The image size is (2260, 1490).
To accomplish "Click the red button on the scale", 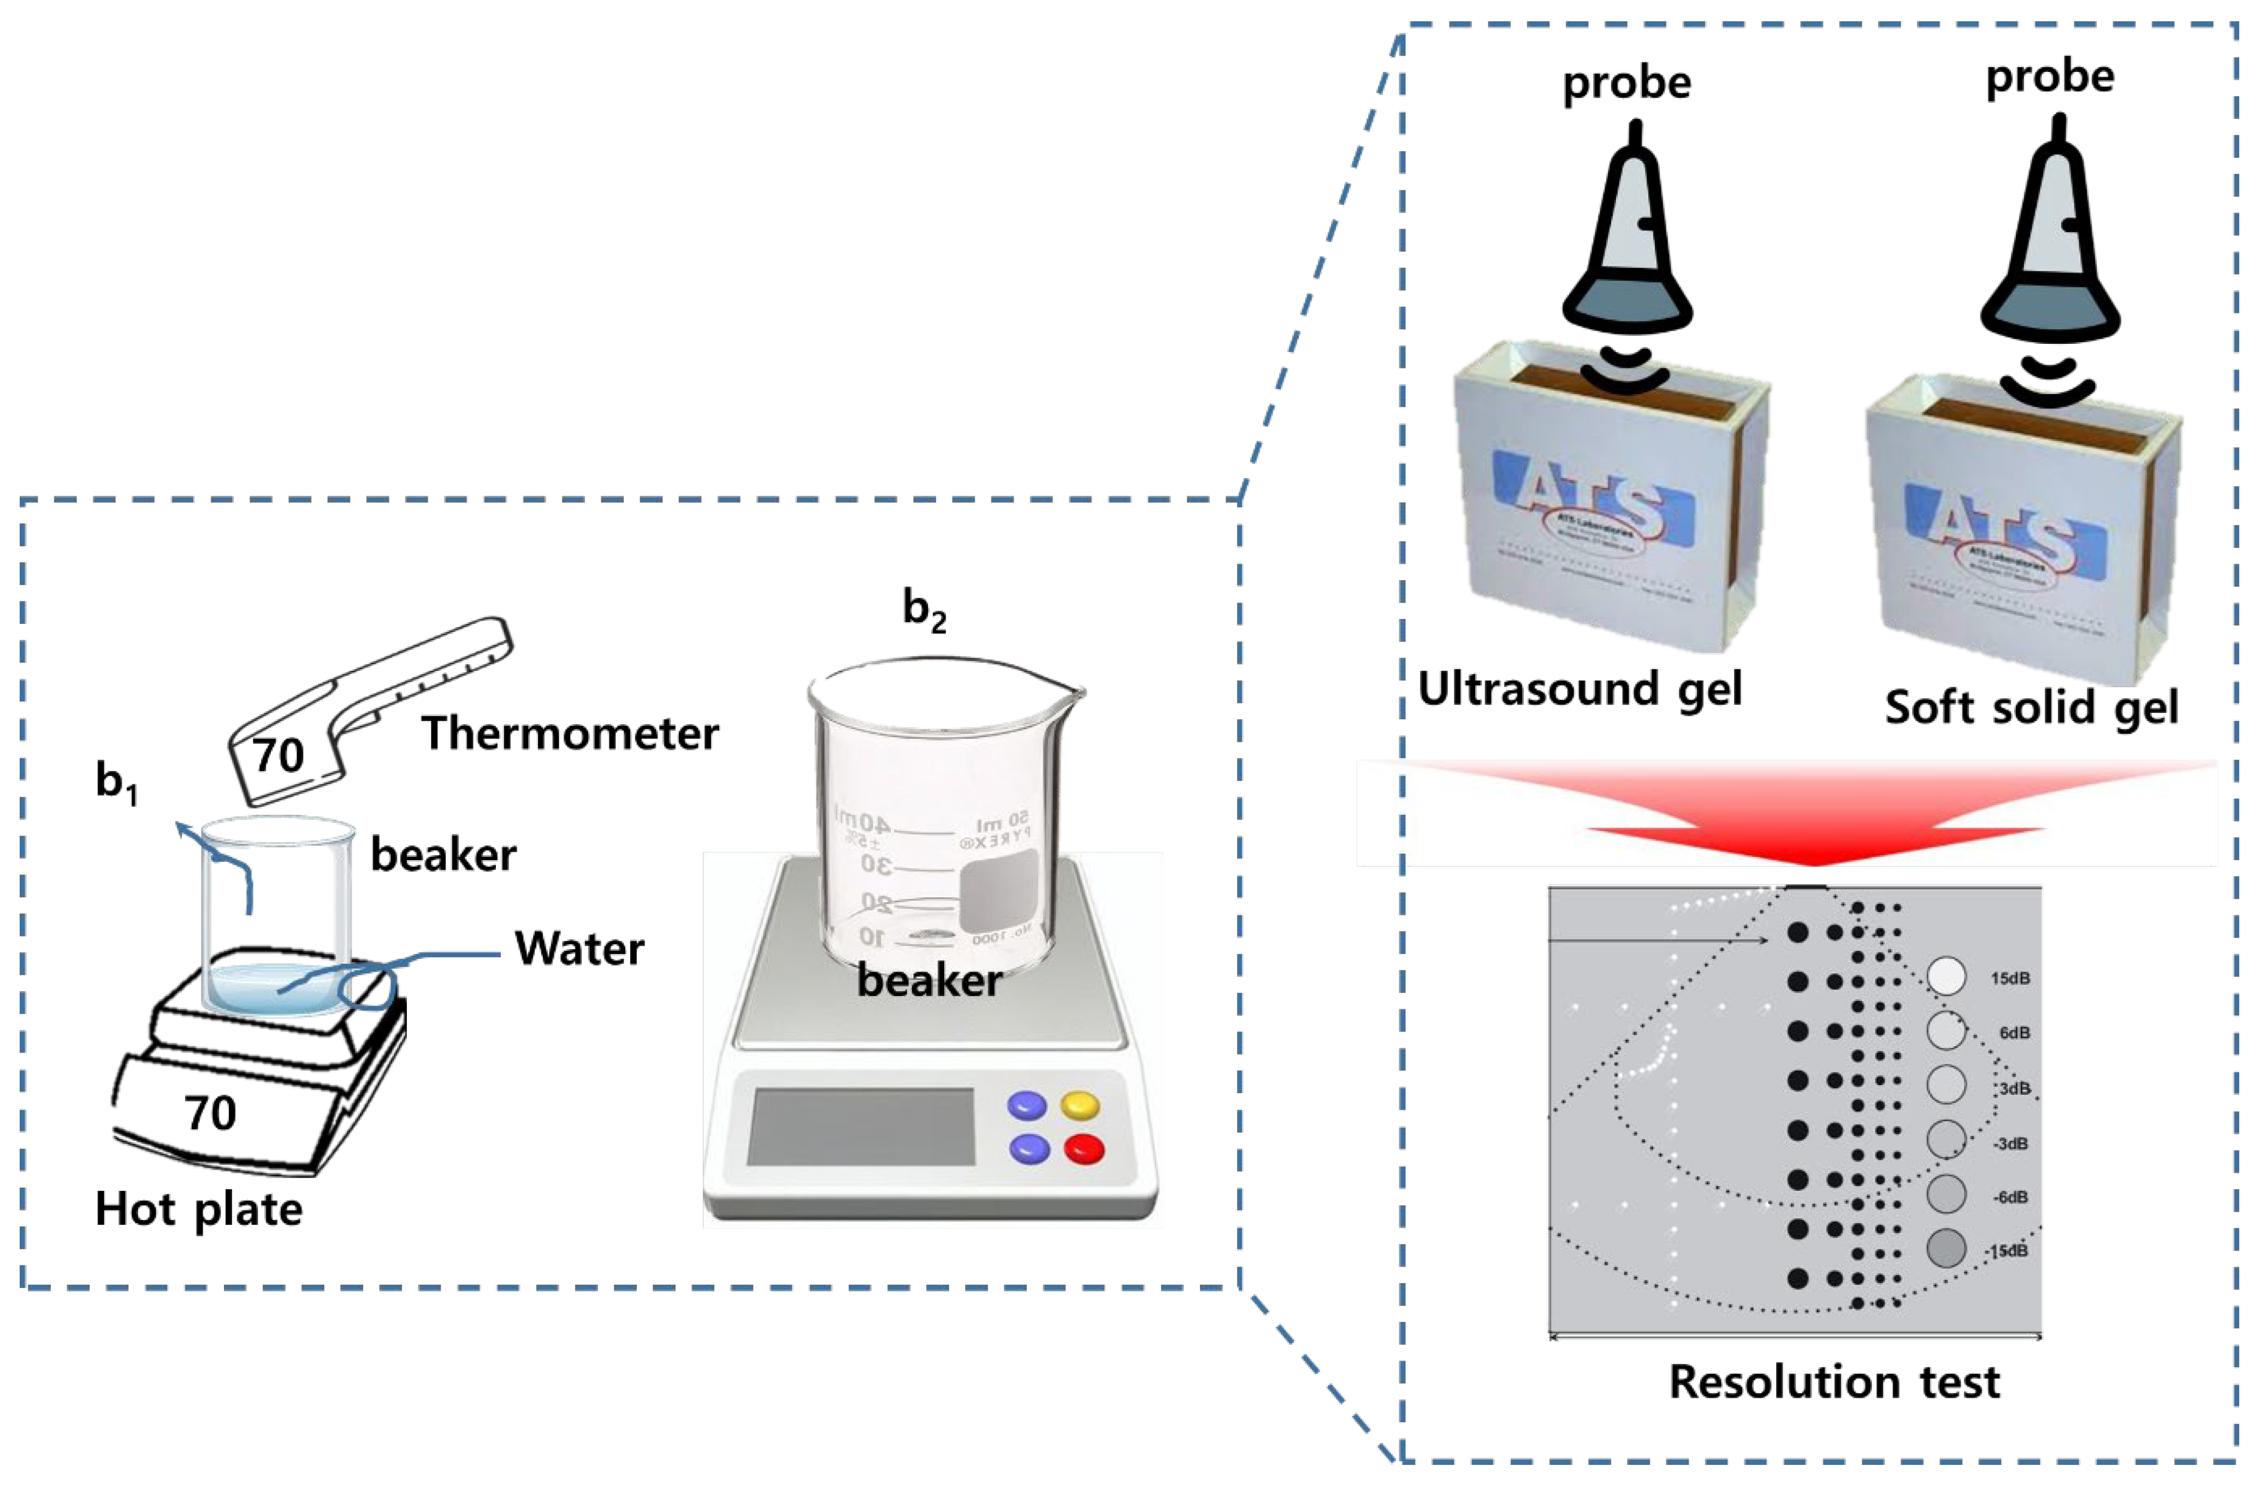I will (1084, 1149).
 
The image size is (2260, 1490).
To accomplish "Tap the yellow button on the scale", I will (1080, 1105).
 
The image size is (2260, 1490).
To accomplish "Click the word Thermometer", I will (571, 734).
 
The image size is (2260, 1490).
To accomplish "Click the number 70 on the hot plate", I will (210, 1113).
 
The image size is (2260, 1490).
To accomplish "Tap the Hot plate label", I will (199, 1209).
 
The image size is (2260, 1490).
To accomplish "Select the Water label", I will (579, 949).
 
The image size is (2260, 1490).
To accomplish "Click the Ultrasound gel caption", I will (1579, 689).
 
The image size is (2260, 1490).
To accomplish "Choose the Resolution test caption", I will (1834, 1382).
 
